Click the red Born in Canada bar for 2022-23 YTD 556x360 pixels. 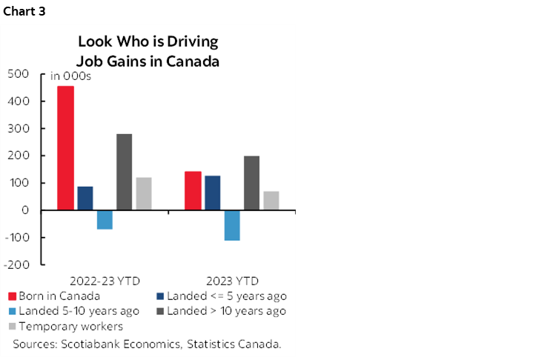[x=66, y=148]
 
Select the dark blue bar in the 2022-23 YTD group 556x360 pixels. [x=85, y=198]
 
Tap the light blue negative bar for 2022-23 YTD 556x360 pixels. [x=105, y=219]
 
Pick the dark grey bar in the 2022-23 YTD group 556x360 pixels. [x=124, y=172]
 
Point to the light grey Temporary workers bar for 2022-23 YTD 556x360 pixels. [x=143, y=193]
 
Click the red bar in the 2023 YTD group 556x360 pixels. [x=193, y=190]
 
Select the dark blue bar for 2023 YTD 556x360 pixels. [x=212, y=193]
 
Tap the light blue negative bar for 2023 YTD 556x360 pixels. [x=232, y=225]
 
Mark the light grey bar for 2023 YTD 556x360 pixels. [x=271, y=201]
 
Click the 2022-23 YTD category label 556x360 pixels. [x=105, y=281]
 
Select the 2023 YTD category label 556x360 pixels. [x=232, y=281]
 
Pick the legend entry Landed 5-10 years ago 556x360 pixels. [x=70, y=311]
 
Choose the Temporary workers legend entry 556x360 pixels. [x=70, y=327]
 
